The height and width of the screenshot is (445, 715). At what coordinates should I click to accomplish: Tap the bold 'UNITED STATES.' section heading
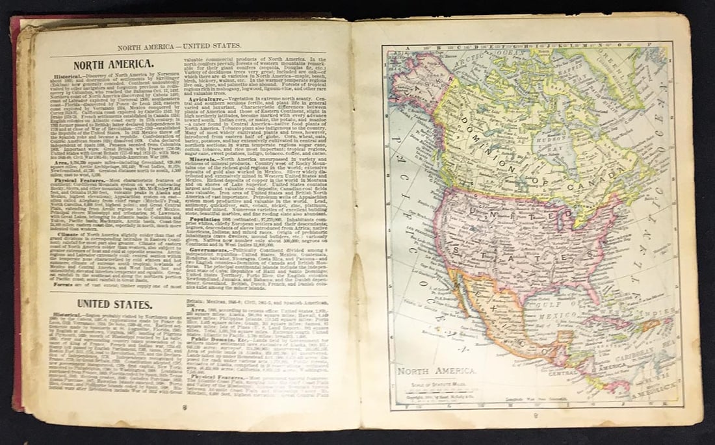115,304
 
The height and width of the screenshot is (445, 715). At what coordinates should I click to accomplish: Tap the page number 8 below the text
185,407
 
